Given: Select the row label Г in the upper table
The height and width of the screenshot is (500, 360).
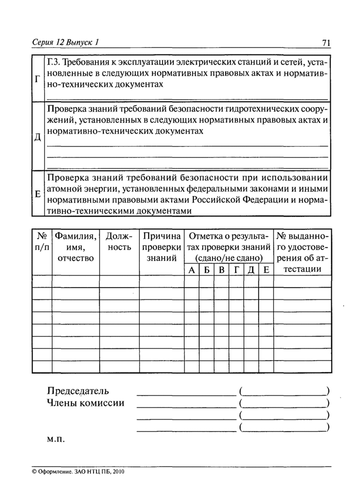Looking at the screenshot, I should click(x=37, y=80).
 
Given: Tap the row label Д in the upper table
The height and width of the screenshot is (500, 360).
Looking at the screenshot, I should click(x=37, y=138).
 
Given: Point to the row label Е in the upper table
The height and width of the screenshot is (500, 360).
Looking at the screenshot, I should click(x=37, y=194).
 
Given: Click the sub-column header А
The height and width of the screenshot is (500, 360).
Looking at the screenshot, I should click(x=191, y=270).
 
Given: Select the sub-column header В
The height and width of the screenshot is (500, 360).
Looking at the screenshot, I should click(x=221, y=270).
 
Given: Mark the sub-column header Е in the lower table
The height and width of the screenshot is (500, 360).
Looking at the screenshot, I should click(x=266, y=270).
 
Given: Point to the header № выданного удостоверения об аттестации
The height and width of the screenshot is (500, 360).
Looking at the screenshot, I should click(x=302, y=253).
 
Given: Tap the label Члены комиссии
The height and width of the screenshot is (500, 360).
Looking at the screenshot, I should click(x=85, y=403).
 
